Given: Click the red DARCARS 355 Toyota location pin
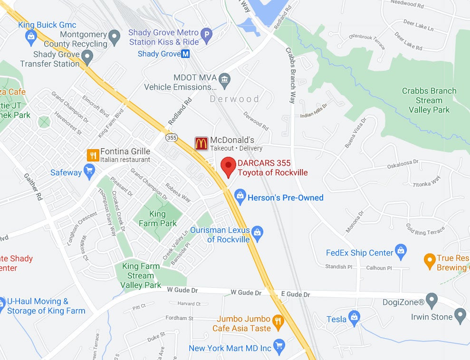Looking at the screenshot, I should [x=229, y=167].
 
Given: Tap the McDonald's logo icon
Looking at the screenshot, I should [x=201, y=143].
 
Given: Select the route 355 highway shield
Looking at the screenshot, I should [x=172, y=138].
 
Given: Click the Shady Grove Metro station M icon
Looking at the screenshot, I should [x=185, y=54].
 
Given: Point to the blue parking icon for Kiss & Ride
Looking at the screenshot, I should [x=206, y=34].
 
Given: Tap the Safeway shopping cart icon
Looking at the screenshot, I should [x=89, y=171].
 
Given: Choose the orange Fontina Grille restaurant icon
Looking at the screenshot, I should [x=93, y=155].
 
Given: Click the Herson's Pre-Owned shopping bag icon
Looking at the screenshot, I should [x=240, y=196].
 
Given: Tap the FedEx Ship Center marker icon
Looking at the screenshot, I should [x=401, y=251].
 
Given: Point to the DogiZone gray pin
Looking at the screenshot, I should [x=432, y=300].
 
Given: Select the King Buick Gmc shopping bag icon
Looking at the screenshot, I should [x=31, y=35].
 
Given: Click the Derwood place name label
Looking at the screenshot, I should [x=235, y=99].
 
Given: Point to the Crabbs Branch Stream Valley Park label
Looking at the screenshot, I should [x=429, y=100].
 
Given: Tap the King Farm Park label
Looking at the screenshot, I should [x=157, y=218].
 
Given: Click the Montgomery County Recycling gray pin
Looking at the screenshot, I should [x=114, y=37].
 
